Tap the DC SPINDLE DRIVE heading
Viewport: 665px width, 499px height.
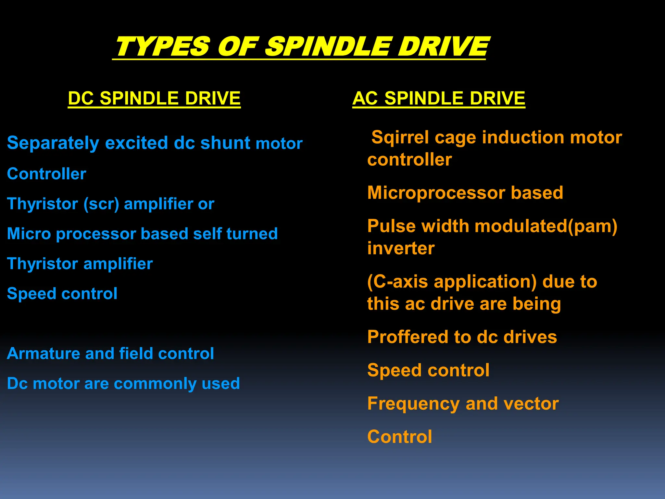(154, 98)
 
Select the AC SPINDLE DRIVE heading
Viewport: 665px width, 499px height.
(439, 98)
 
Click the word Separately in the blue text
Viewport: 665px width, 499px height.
(53, 143)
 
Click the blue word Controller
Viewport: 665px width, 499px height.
(46, 174)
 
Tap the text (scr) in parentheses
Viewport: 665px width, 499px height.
(101, 204)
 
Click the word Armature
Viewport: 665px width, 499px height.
(43, 353)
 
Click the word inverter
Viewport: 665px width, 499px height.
(401, 249)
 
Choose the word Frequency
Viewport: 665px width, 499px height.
(413, 404)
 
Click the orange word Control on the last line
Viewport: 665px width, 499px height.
(399, 437)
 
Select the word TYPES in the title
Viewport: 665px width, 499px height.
(162, 46)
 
